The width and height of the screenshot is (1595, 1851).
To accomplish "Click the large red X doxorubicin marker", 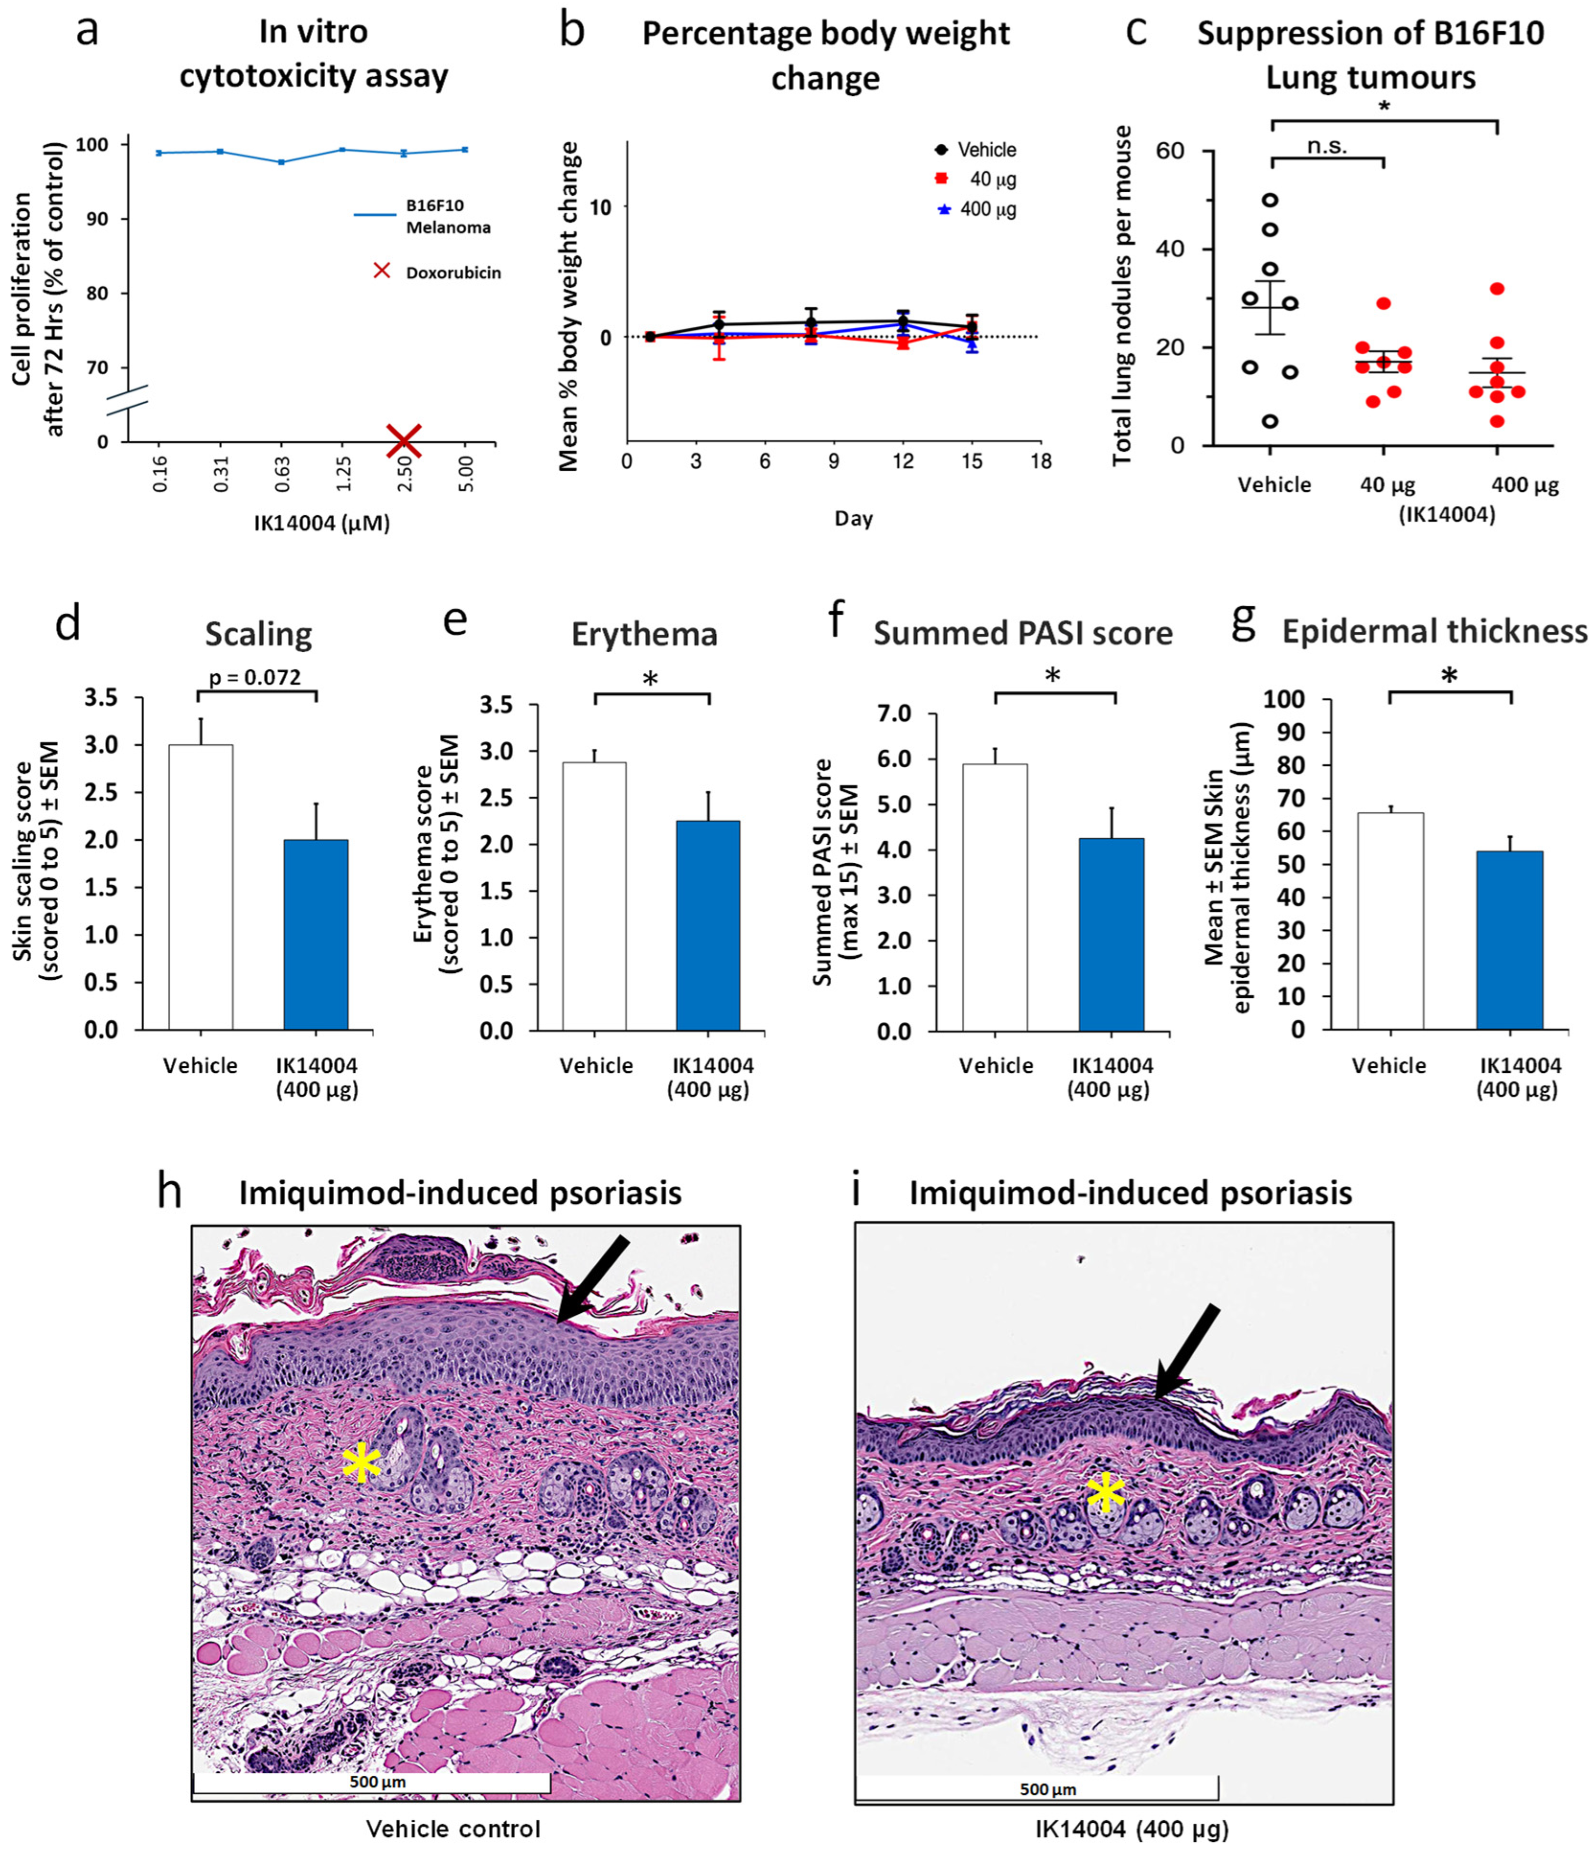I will pos(404,439).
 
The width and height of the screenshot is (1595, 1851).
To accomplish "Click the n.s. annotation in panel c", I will pos(1327,146).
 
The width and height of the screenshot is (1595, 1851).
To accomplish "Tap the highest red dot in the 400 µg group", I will pos(1497,288).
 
